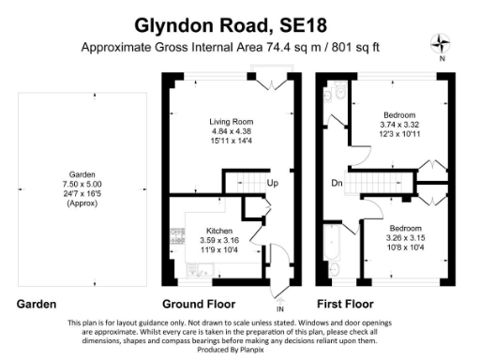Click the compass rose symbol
(x=441, y=43)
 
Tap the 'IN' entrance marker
(x=278, y=309)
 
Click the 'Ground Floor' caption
(x=200, y=304)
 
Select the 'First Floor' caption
(x=347, y=304)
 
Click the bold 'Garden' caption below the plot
(x=37, y=304)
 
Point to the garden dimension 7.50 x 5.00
(x=82, y=184)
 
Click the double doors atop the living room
(x=272, y=85)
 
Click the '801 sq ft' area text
(x=352, y=47)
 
